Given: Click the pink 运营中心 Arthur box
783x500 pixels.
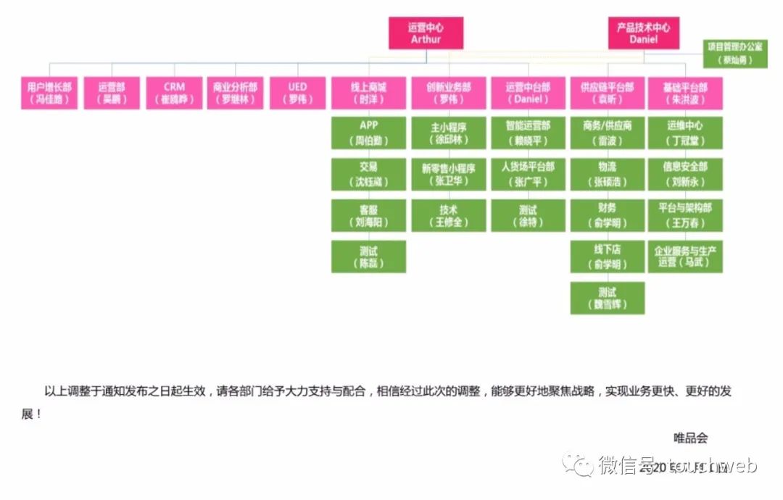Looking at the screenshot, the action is coord(426,33).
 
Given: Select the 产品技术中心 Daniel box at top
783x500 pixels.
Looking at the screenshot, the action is coord(643,33).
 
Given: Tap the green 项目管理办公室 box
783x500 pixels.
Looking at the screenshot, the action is coord(734,54).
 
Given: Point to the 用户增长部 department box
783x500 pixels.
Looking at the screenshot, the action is coord(49,93).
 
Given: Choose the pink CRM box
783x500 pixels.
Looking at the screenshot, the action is coord(174,93).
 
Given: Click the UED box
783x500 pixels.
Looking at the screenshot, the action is coord(297,93).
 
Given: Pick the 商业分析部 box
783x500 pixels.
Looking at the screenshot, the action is coord(235,93).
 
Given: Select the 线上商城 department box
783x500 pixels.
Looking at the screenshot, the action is coord(368,93).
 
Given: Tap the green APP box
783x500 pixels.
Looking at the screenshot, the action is coord(368,133).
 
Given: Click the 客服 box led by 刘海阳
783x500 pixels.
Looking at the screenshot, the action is coord(368,215).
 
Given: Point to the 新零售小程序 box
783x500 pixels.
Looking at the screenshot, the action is coord(449,175).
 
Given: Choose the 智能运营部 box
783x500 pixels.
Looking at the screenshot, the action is coord(528,133).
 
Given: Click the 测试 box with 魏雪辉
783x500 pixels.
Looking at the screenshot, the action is coord(607,299).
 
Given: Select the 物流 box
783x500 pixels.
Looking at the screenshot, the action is coord(607,175).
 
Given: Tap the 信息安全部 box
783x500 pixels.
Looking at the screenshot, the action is coord(685,175).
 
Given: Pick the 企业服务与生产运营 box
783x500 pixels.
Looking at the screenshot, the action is coord(685,257).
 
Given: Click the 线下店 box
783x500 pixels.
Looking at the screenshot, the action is coord(607,257).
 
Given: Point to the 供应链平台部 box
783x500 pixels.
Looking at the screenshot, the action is coord(607,93).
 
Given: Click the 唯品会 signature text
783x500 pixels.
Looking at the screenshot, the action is coord(690,437).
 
